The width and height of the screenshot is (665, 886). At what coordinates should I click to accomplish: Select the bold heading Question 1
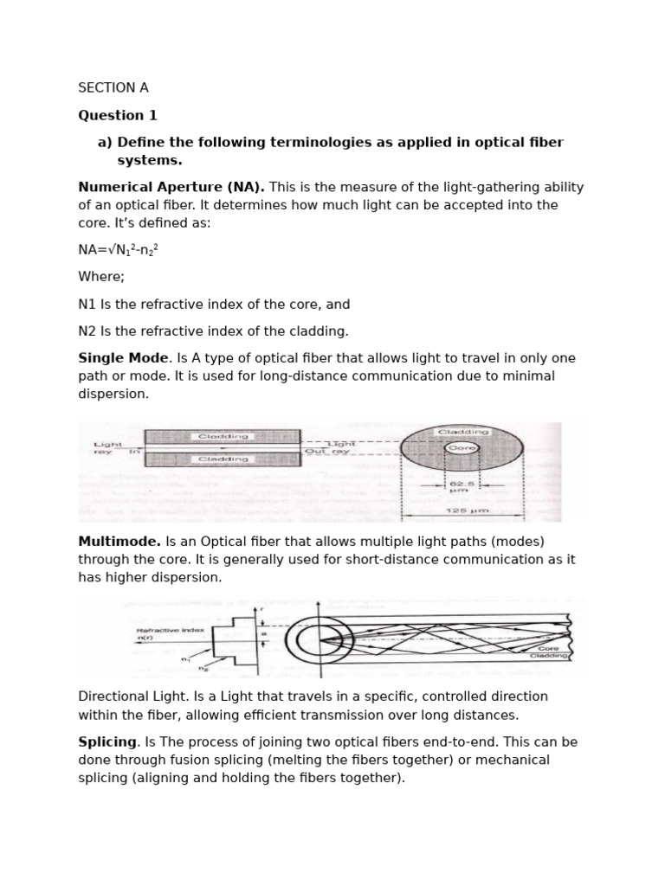[x=118, y=115]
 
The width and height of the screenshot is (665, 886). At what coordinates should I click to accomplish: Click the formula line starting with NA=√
[x=119, y=250]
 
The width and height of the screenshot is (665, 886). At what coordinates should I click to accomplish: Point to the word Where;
[x=101, y=277]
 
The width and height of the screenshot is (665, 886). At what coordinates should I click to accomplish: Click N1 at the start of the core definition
[x=87, y=305]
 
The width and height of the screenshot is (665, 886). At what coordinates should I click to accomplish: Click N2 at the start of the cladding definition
[x=87, y=331]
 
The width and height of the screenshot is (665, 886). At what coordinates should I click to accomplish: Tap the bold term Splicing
[x=107, y=742]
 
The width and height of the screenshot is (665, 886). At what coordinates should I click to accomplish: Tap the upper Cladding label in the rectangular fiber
[x=222, y=437]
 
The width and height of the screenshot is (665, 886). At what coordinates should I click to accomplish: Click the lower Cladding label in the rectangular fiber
[x=222, y=460]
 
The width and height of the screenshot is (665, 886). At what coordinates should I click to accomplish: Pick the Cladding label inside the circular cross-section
[x=463, y=432]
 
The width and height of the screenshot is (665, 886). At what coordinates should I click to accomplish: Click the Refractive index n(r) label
[x=171, y=634]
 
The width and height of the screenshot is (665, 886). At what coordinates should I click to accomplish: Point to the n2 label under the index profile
[x=204, y=669]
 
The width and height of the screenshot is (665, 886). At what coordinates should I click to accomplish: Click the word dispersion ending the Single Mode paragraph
[x=113, y=395]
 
